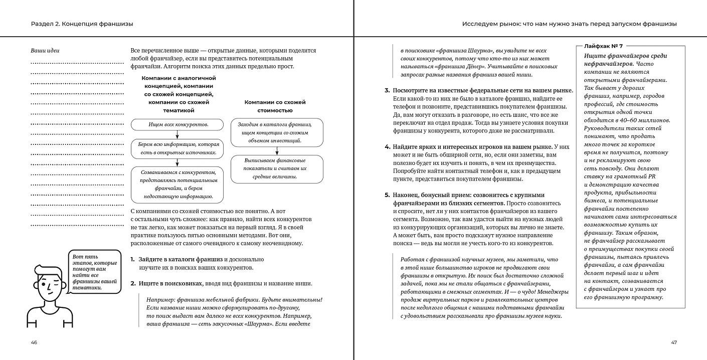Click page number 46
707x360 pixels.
(34, 342)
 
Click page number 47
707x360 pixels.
(674, 342)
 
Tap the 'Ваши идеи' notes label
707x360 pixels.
(45, 51)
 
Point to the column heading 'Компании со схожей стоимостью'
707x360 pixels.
(275, 106)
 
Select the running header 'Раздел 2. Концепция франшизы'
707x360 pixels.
(82, 24)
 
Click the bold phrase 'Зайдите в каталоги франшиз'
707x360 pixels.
(181, 259)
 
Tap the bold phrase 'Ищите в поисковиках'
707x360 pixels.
(170, 283)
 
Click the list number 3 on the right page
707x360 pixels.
(387, 90)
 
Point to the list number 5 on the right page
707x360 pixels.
(387, 195)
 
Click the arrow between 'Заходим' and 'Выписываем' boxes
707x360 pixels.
(277, 151)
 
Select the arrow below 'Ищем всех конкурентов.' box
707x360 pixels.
(178, 134)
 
